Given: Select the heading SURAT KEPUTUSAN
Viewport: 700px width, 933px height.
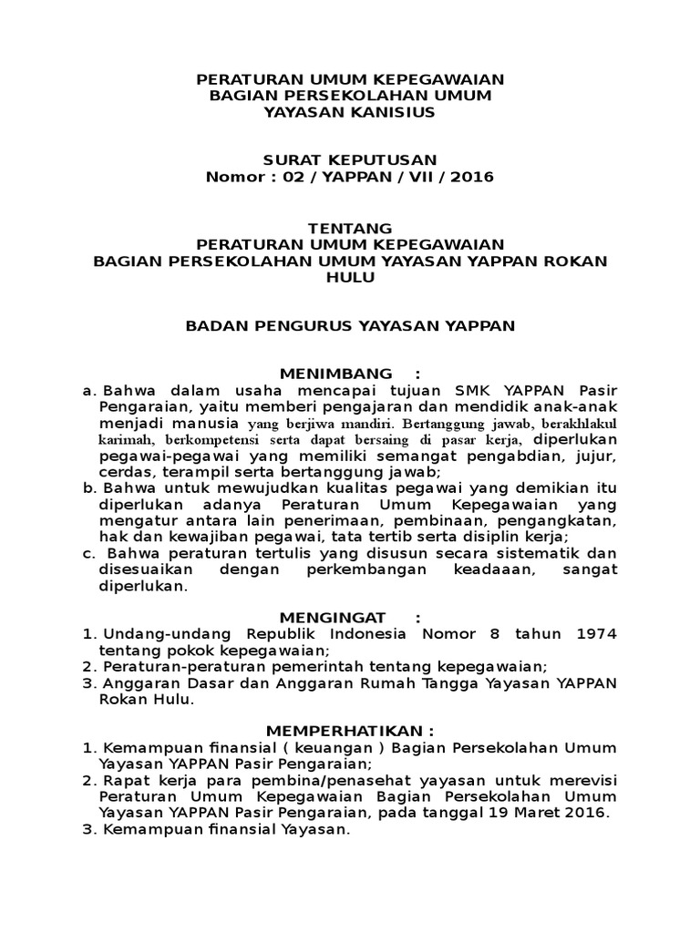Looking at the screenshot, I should pyautogui.click(x=350, y=160).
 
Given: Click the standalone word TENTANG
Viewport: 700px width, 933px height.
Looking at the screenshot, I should pyautogui.click(x=350, y=228).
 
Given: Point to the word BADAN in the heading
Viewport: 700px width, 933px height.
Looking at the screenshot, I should pyautogui.click(x=212, y=325).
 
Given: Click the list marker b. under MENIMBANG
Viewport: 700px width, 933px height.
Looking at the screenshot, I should pyautogui.click(x=88, y=488).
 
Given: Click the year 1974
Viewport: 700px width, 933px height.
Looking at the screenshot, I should pyautogui.click(x=593, y=634).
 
